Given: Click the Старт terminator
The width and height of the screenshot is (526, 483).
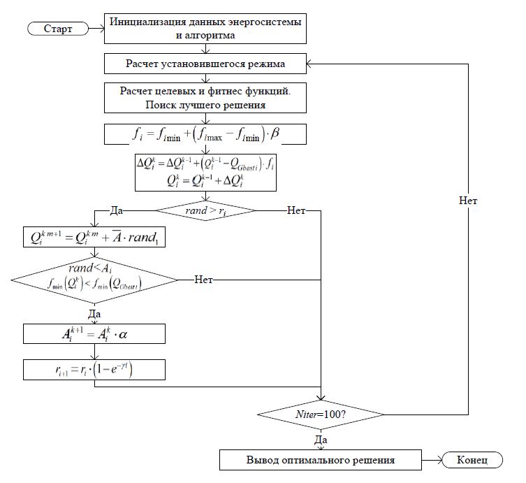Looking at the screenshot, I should pyautogui.click(x=58, y=29).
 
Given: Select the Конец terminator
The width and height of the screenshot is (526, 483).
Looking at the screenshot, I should pyautogui.click(x=472, y=460).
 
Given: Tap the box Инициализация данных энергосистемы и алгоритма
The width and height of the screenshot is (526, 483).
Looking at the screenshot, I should pyautogui.click(x=206, y=28).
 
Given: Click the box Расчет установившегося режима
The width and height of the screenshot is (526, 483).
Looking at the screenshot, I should pyautogui.click(x=206, y=64).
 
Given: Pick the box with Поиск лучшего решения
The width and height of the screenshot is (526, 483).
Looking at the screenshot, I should pyautogui.click(x=206, y=97).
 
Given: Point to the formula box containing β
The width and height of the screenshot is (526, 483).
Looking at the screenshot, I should pyautogui.click(x=206, y=133).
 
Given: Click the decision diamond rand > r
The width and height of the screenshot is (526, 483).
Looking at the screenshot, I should pyautogui.click(x=205, y=210).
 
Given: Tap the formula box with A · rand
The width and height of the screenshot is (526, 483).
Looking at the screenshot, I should pyautogui.click(x=95, y=238).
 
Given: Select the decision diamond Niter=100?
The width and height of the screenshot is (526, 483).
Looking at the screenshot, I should pyautogui.click(x=321, y=414).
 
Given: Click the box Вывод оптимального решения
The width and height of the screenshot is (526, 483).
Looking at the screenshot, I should pyautogui.click(x=321, y=460).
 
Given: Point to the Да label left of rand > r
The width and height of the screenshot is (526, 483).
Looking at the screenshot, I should pyautogui.click(x=117, y=209).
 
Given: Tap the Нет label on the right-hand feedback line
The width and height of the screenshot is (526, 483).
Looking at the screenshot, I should pyautogui.click(x=469, y=200).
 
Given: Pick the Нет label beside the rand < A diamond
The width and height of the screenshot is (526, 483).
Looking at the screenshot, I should pyautogui.click(x=203, y=278).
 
